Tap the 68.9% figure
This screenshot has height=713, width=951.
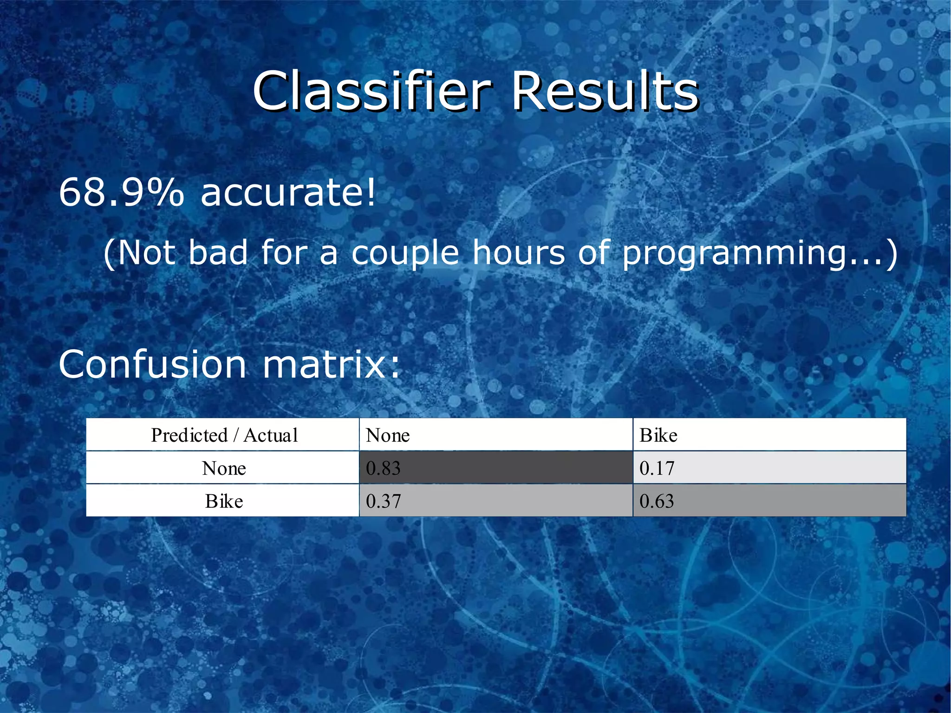pos(121,192)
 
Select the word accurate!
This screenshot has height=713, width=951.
pos(288,192)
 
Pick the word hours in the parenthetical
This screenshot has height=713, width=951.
pos(519,253)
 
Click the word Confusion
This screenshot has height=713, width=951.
pos(152,365)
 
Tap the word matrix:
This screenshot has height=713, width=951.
pos(331,365)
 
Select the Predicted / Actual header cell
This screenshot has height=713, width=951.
pos(224,435)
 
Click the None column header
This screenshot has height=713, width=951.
pos(495,435)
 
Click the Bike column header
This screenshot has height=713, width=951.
pos(769,435)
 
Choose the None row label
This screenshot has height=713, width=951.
pos(224,468)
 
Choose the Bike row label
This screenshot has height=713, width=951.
pos(224,501)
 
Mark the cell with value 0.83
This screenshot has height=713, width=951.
pos(495,468)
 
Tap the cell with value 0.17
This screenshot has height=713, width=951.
pos(769,468)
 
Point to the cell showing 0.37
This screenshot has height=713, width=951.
pos(495,501)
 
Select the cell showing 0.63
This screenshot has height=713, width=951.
pos(769,501)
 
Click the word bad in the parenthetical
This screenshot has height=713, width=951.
pos(218,253)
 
